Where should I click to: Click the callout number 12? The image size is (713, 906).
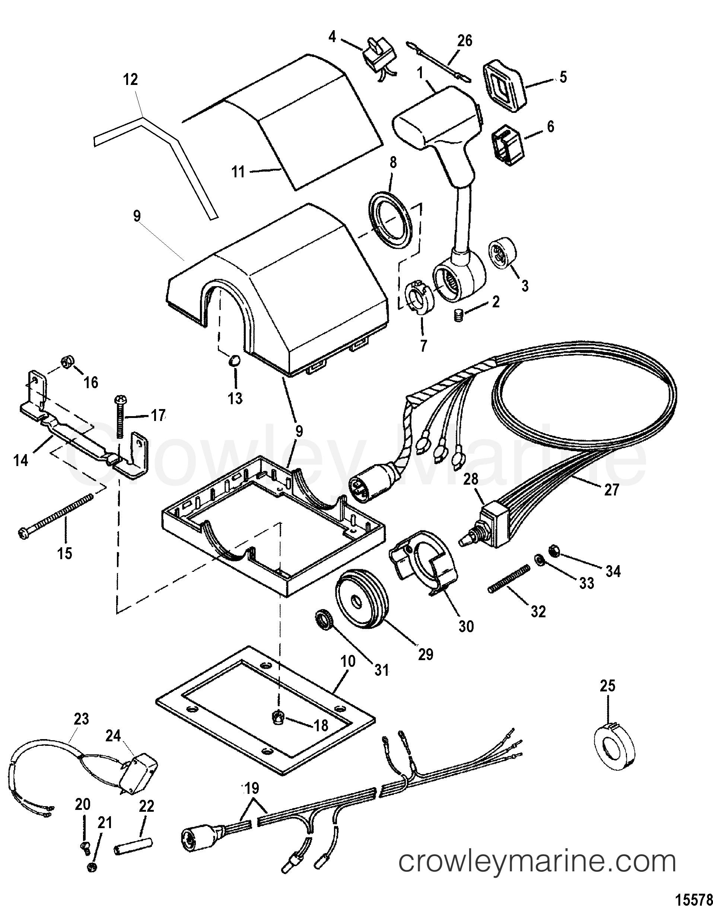131,79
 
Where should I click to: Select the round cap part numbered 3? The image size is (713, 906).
503,251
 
